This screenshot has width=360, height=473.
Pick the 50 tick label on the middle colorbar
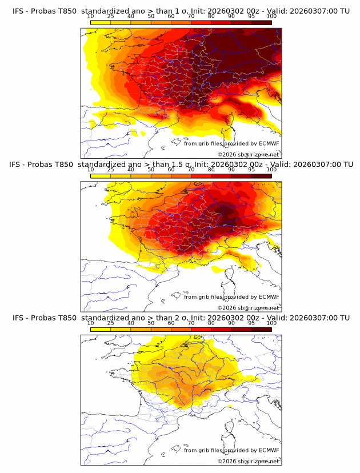[151, 170]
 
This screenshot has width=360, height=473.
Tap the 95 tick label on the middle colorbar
[251, 170]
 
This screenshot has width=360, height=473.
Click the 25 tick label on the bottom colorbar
[110, 323]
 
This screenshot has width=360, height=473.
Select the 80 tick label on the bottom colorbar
[211, 323]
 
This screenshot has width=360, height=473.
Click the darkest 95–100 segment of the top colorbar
[261, 23]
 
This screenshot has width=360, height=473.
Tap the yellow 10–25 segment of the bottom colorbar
[100, 329]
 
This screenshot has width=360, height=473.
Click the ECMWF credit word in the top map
[269, 144]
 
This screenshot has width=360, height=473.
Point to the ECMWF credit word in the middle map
[269, 297]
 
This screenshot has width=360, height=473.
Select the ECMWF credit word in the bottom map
[269, 450]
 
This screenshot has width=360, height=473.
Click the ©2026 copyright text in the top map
[227, 155]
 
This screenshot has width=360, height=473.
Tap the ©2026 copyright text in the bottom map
[227, 461]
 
